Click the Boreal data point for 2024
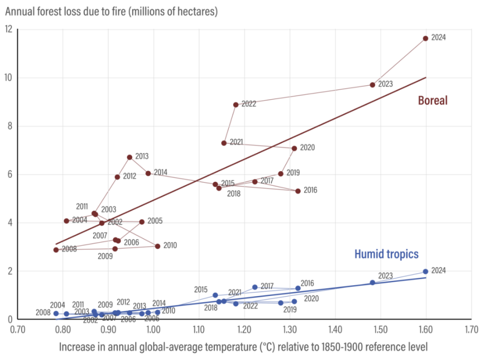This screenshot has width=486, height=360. [426, 38]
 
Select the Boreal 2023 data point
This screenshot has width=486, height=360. [373, 85]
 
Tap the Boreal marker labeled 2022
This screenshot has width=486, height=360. [236, 104]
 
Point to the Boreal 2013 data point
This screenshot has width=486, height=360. [130, 157]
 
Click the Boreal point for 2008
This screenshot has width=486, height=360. [56, 249]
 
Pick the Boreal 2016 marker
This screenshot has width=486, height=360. [298, 191]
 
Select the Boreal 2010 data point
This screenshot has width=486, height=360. [158, 246]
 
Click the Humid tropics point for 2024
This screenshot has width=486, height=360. [426, 271]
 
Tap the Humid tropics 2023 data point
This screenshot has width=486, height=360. [373, 283]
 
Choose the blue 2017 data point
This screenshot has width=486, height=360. [255, 287]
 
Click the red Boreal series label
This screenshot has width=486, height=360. [433, 101]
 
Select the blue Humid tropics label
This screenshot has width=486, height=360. [386, 254]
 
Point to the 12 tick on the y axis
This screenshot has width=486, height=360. [9, 29]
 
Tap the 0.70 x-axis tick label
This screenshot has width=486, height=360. [18, 328]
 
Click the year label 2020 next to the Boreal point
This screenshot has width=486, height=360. [308, 148]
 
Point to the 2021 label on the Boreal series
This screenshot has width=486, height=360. [236, 142]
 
